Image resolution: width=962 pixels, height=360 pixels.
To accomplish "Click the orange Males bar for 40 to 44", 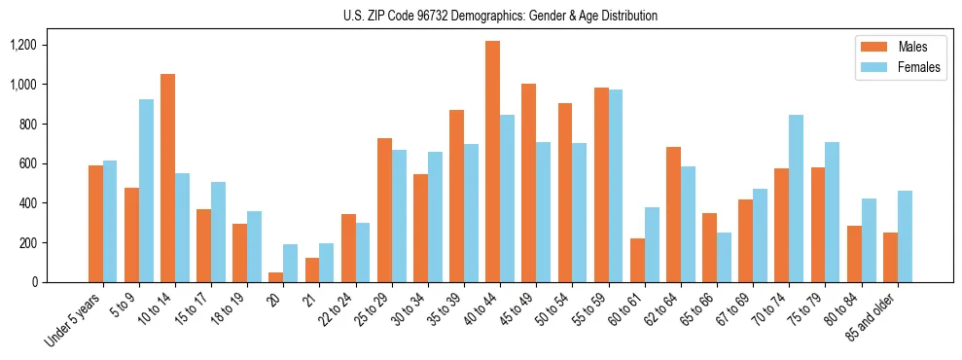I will pos(492,162).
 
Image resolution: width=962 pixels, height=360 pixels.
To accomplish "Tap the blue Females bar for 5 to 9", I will pos(146,191).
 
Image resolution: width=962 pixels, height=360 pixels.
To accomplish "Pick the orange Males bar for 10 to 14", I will pos(167,178).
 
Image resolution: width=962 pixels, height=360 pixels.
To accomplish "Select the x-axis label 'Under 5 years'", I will pos(74,320).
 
